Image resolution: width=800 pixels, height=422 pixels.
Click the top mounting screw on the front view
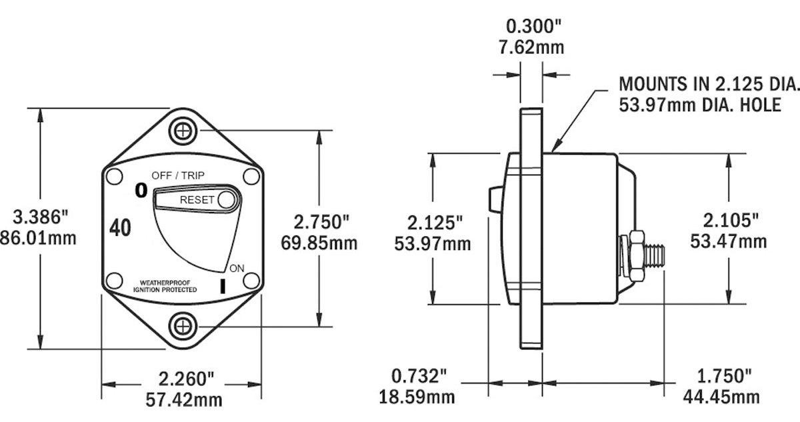click(183, 131)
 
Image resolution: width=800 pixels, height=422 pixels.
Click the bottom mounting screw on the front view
click(183, 326)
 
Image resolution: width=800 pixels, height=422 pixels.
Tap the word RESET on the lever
click(197, 200)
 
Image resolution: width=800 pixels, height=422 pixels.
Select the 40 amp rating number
click(120, 228)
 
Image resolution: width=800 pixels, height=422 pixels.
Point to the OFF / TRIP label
click(178, 175)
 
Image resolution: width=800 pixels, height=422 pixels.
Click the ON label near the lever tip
click(237, 268)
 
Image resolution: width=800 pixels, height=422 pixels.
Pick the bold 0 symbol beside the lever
click(141, 191)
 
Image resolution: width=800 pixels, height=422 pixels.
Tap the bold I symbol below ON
click(223, 286)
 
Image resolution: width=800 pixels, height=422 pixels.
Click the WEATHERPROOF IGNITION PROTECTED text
click(165, 286)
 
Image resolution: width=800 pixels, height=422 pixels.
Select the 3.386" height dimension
click(40, 217)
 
